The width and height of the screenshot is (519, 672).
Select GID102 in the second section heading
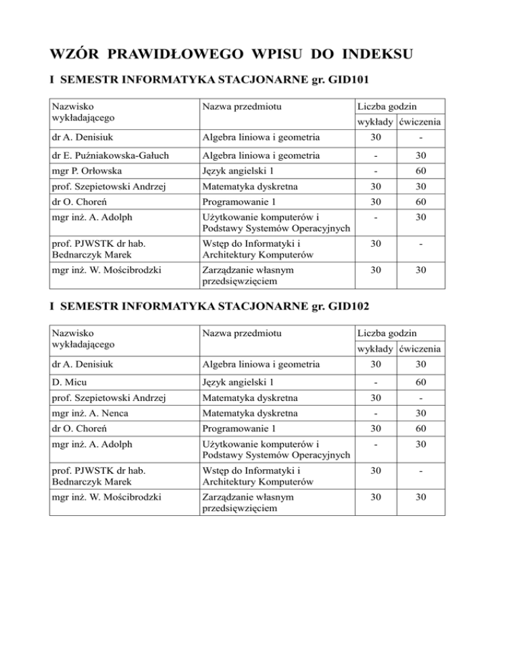click(342, 306)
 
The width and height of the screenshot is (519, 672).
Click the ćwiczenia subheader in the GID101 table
click(421, 122)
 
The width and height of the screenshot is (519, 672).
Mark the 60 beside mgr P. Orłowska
click(422, 172)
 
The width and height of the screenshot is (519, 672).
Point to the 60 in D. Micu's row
click(422, 382)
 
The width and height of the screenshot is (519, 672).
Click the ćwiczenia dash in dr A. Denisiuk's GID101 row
click(422, 139)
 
